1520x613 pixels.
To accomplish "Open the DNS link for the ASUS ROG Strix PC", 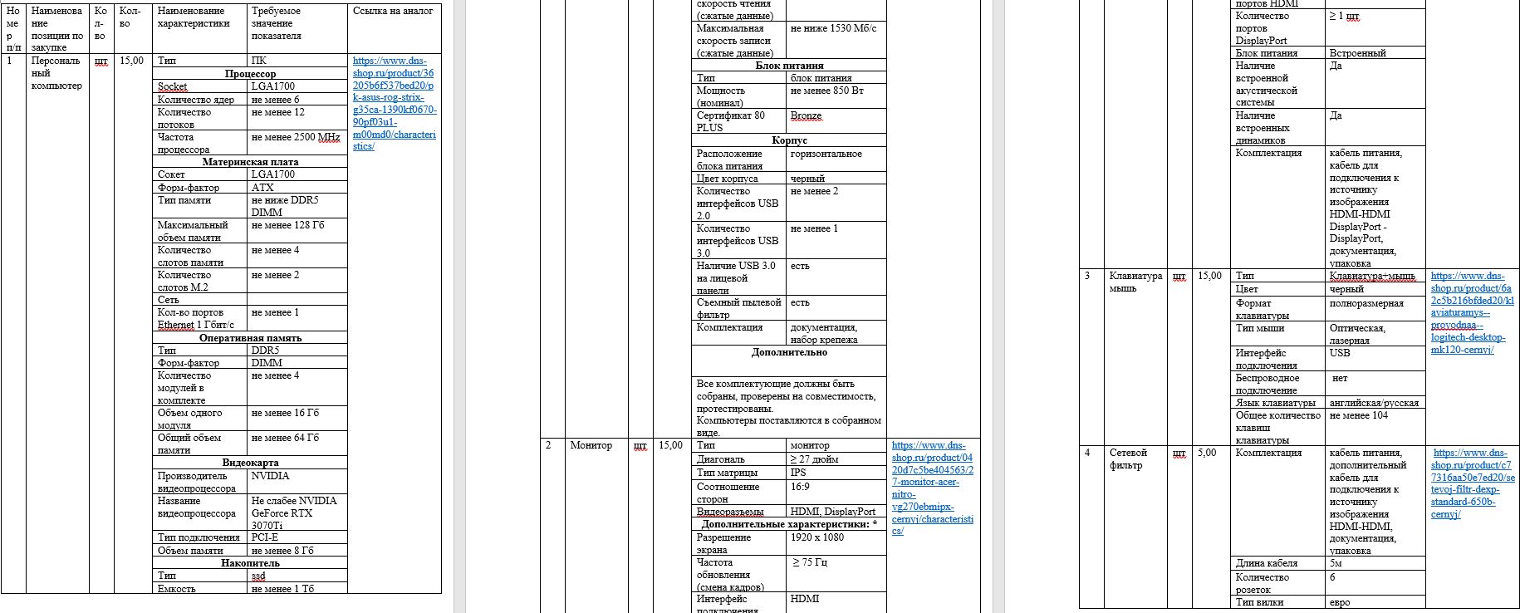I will (x=394, y=103).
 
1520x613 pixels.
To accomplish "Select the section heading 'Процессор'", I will (x=250, y=74).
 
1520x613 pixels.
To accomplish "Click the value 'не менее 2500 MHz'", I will (x=295, y=137).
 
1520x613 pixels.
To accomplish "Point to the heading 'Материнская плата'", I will (x=250, y=162).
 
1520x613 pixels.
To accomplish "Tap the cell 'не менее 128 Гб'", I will (x=287, y=225).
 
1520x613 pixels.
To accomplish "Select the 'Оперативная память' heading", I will (x=250, y=338).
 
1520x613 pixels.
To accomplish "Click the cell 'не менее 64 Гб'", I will (x=285, y=438).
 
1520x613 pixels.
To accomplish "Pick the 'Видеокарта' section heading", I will (x=250, y=463).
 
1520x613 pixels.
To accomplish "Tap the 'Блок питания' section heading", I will (x=789, y=66).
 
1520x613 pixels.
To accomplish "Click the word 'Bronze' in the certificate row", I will (x=806, y=116).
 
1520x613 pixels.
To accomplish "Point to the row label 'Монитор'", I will (x=591, y=446).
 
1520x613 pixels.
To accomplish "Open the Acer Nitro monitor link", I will (x=932, y=488).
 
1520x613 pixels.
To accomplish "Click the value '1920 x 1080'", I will (x=816, y=537).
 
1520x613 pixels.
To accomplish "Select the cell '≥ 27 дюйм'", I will (x=814, y=459).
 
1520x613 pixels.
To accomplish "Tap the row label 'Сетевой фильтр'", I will (x=1128, y=459).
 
